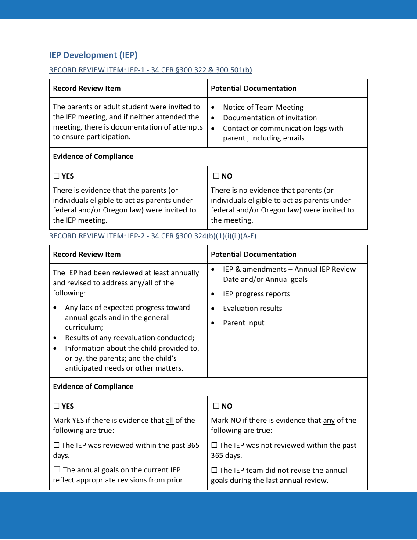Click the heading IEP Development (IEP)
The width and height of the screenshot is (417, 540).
click(x=93, y=55)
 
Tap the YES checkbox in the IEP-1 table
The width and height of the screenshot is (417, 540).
click(x=56, y=176)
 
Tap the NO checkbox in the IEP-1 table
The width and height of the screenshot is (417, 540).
click(x=216, y=176)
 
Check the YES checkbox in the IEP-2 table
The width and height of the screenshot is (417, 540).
click(x=56, y=406)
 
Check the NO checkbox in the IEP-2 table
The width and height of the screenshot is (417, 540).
click(x=216, y=406)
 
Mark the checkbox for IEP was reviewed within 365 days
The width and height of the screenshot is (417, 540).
click(x=56, y=445)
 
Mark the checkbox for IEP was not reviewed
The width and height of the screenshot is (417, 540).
click(x=214, y=445)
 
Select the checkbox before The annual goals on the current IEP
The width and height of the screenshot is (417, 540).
click(x=57, y=470)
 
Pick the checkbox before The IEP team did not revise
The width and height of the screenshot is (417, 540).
click(x=214, y=470)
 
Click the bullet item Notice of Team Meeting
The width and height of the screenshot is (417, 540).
click(x=263, y=107)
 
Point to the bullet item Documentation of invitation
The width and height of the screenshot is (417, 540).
click(x=270, y=118)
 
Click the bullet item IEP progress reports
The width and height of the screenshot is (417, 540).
click(x=256, y=294)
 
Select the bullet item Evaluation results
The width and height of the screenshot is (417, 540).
click(x=252, y=308)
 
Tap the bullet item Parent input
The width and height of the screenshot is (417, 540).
click(x=244, y=323)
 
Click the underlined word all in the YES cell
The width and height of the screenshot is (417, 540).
click(x=170, y=420)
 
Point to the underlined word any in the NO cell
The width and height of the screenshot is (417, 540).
click(x=329, y=420)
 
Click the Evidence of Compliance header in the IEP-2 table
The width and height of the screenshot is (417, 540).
click(x=93, y=386)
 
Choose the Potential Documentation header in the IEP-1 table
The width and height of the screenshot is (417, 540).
click(x=253, y=88)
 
